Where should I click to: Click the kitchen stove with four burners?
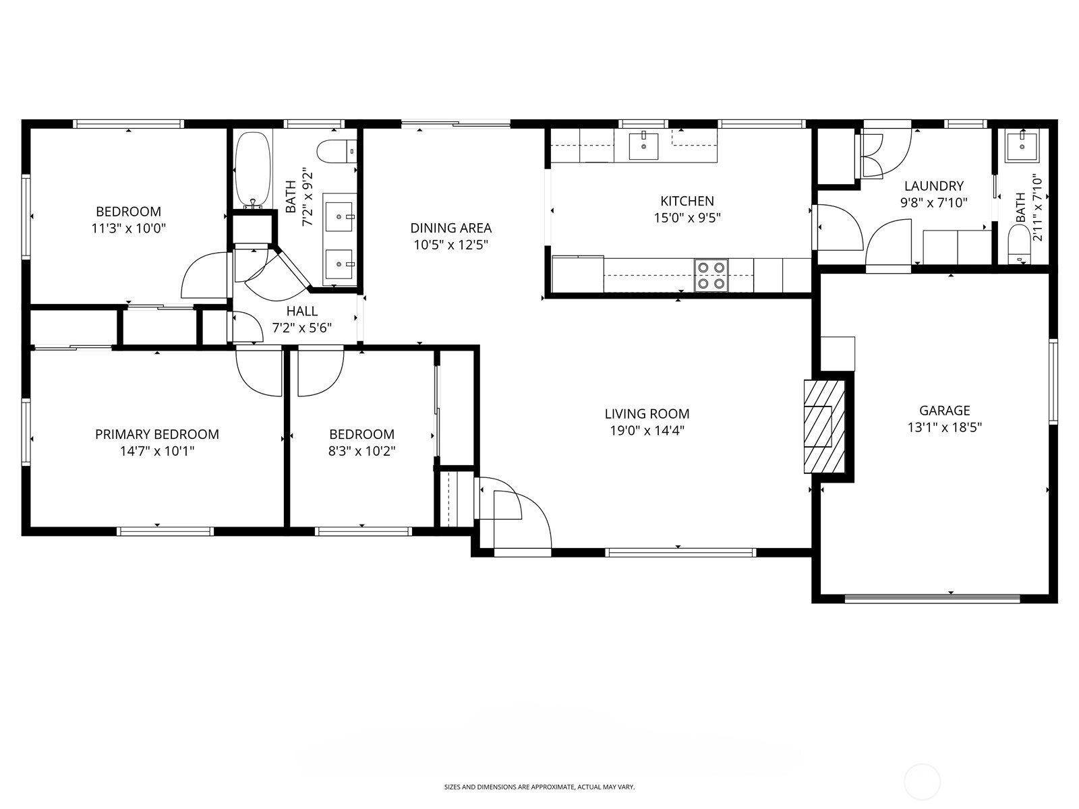coord(711,276)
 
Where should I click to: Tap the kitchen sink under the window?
coord(643,146)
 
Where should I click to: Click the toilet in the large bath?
coord(337,152)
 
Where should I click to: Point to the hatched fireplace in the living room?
coord(824,426)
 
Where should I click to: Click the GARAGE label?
coord(944,410)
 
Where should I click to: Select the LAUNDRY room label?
coord(934,185)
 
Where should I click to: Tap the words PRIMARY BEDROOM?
coord(157,434)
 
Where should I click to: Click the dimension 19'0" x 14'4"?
coord(647,431)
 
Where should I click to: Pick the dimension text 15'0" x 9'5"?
coord(687,218)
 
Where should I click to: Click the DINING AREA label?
coord(450,228)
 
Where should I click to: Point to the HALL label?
coord(302,311)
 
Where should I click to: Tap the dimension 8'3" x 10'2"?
coord(361,451)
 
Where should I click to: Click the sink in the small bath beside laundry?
coord(1022,146)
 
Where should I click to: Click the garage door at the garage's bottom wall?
coord(932,599)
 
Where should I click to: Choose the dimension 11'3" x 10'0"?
coord(128,229)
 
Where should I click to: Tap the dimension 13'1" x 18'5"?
coord(944,427)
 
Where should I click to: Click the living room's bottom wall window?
coord(680,553)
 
